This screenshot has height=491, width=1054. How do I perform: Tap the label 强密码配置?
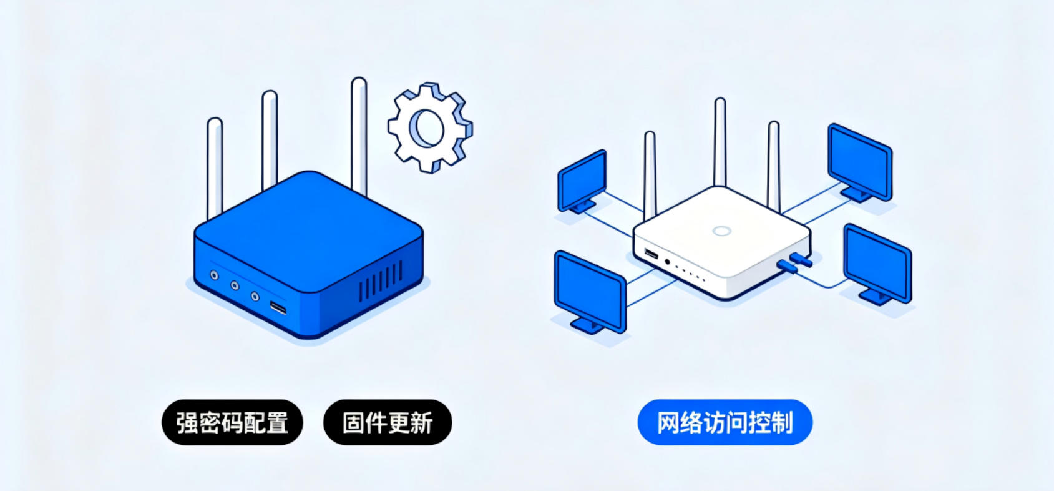[x=232, y=422]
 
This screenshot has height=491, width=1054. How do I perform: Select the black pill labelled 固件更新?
[x=388, y=422]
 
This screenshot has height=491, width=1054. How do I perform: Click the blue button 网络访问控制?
[x=725, y=422]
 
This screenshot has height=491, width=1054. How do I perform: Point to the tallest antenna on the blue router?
[x=359, y=137]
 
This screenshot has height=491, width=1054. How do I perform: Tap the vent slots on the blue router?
[x=381, y=282]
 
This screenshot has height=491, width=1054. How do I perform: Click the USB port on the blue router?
[x=278, y=308]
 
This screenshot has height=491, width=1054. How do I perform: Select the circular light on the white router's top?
[x=721, y=231]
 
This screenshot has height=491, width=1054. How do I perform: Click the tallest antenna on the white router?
[x=720, y=142]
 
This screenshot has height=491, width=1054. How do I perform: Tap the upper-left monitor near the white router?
[x=582, y=182]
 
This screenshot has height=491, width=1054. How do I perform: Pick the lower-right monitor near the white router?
[x=877, y=264]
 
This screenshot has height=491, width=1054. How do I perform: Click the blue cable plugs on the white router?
[x=794, y=262]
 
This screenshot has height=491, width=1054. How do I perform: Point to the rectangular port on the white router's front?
[x=651, y=254]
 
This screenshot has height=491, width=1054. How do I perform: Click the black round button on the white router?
[x=667, y=262]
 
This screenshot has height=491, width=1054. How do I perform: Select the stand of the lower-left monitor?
[x=587, y=325]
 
